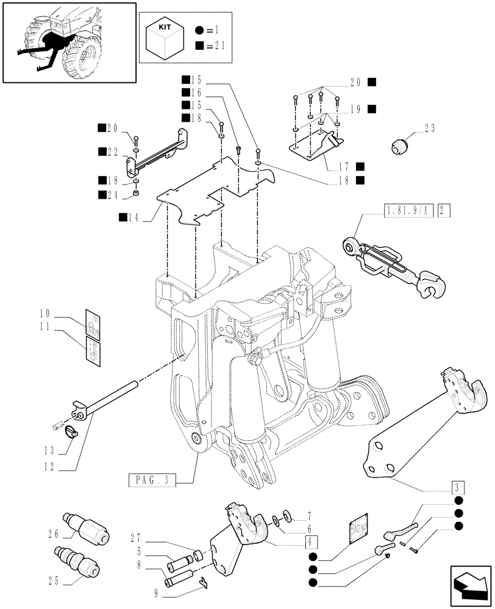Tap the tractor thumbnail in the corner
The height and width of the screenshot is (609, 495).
(x=68, y=42)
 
